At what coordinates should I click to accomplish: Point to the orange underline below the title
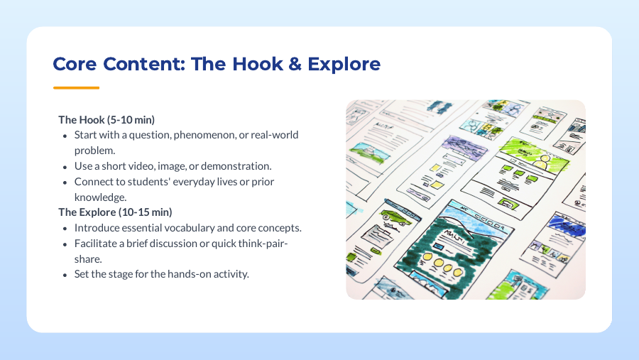click(x=76, y=88)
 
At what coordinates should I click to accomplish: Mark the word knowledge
click(x=100, y=197)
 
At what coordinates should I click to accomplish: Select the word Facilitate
click(x=94, y=244)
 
